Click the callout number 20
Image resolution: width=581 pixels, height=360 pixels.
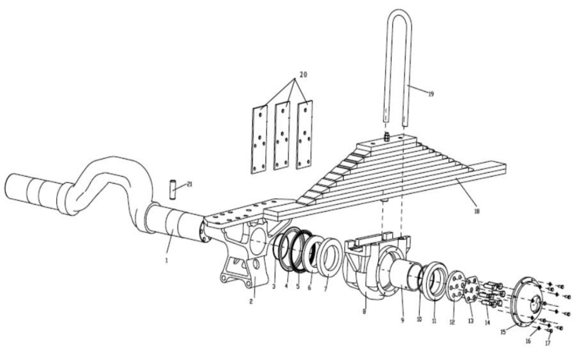304,75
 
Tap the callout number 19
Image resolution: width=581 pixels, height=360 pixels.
431,94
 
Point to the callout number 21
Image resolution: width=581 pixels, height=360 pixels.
190,185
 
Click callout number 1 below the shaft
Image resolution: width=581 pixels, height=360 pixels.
166,260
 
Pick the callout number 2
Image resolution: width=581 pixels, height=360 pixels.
251,302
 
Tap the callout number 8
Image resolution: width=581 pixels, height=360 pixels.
364,311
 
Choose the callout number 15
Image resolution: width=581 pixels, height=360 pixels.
503,332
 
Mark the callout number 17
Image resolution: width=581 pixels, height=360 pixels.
548,343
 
